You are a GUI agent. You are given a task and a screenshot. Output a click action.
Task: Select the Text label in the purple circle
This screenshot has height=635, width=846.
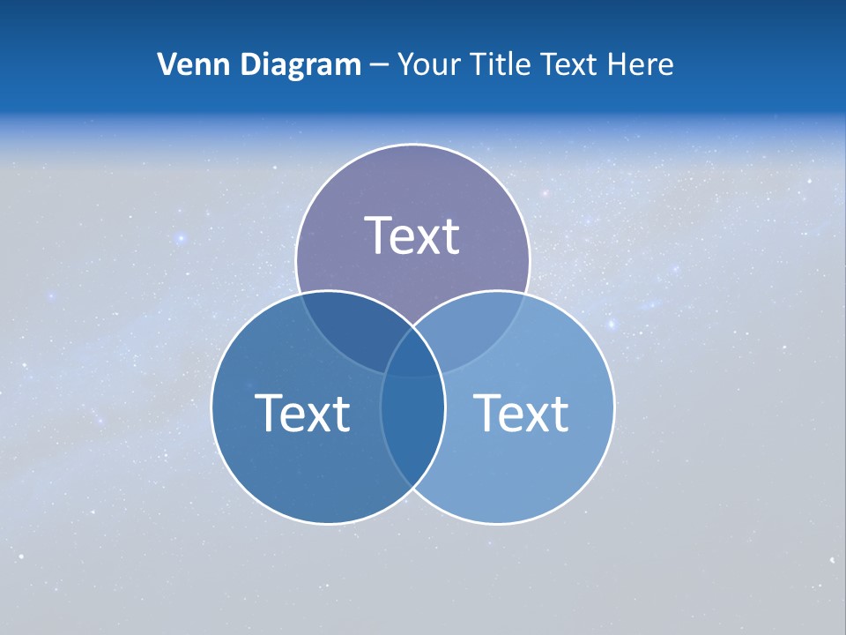coord(412,235)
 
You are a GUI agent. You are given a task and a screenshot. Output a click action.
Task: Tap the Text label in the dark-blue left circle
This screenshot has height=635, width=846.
coord(302,412)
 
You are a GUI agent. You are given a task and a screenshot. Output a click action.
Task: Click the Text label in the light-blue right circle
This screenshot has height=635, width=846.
coord(521,412)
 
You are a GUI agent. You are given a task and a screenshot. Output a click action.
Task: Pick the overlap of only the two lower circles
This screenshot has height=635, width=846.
coord(412,432)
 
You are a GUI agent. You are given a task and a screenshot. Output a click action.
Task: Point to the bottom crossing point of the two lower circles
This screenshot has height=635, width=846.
coord(412,488)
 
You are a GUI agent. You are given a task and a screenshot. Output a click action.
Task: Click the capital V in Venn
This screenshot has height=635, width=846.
coord(167,64)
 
